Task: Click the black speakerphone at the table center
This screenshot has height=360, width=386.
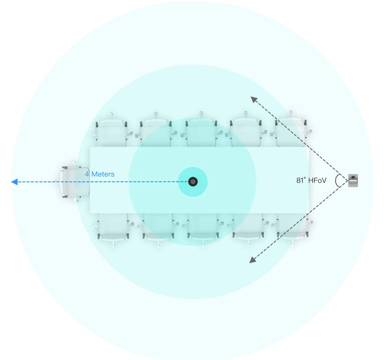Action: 193,182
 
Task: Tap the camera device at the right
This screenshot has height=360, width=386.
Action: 353,180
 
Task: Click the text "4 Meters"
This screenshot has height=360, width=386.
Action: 100,174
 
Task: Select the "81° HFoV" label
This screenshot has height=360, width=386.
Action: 311,181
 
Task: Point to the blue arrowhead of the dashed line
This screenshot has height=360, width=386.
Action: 14,182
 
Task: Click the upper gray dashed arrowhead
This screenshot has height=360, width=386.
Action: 254,99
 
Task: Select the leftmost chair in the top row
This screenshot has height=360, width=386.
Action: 112,131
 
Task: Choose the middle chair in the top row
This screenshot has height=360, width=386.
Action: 201,131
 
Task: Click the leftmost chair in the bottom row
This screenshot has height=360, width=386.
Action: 113,229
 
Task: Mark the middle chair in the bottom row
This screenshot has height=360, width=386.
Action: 202,229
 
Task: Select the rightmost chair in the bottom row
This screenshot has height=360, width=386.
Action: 293,229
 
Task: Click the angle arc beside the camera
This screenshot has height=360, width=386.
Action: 337,181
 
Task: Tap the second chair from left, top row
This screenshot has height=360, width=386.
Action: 156,131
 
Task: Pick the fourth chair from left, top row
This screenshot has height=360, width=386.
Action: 246,131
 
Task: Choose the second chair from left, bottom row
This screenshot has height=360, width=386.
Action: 157,229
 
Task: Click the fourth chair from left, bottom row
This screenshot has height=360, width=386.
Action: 247,229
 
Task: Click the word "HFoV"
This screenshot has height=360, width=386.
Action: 317,181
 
